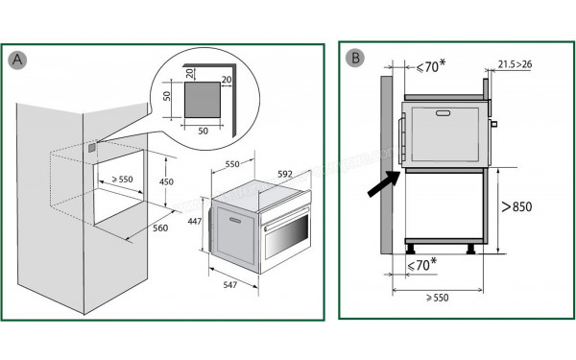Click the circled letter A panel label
pos(16,60)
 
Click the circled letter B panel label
pos(355,58)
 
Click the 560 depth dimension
pos(159,228)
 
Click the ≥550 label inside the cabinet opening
pos(122,180)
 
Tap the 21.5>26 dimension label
pos(516,65)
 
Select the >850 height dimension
pos(517,205)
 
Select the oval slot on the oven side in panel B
pos(444,113)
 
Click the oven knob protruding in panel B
pos(493,124)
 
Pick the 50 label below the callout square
pos(204,129)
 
